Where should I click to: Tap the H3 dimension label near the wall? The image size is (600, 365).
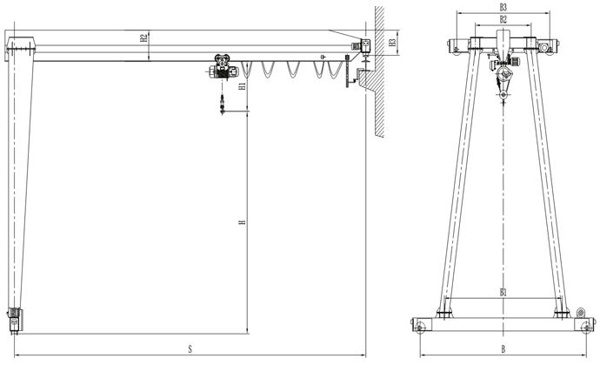click(x=393, y=42)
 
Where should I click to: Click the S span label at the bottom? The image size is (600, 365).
click(x=190, y=350)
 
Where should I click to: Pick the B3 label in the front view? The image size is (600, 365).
click(x=503, y=8)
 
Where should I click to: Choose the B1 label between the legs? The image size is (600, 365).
click(x=503, y=293)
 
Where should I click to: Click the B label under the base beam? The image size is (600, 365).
click(x=503, y=350)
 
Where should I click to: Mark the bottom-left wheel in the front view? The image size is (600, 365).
click(x=422, y=328)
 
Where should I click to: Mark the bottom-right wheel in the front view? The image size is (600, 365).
click(x=584, y=328)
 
